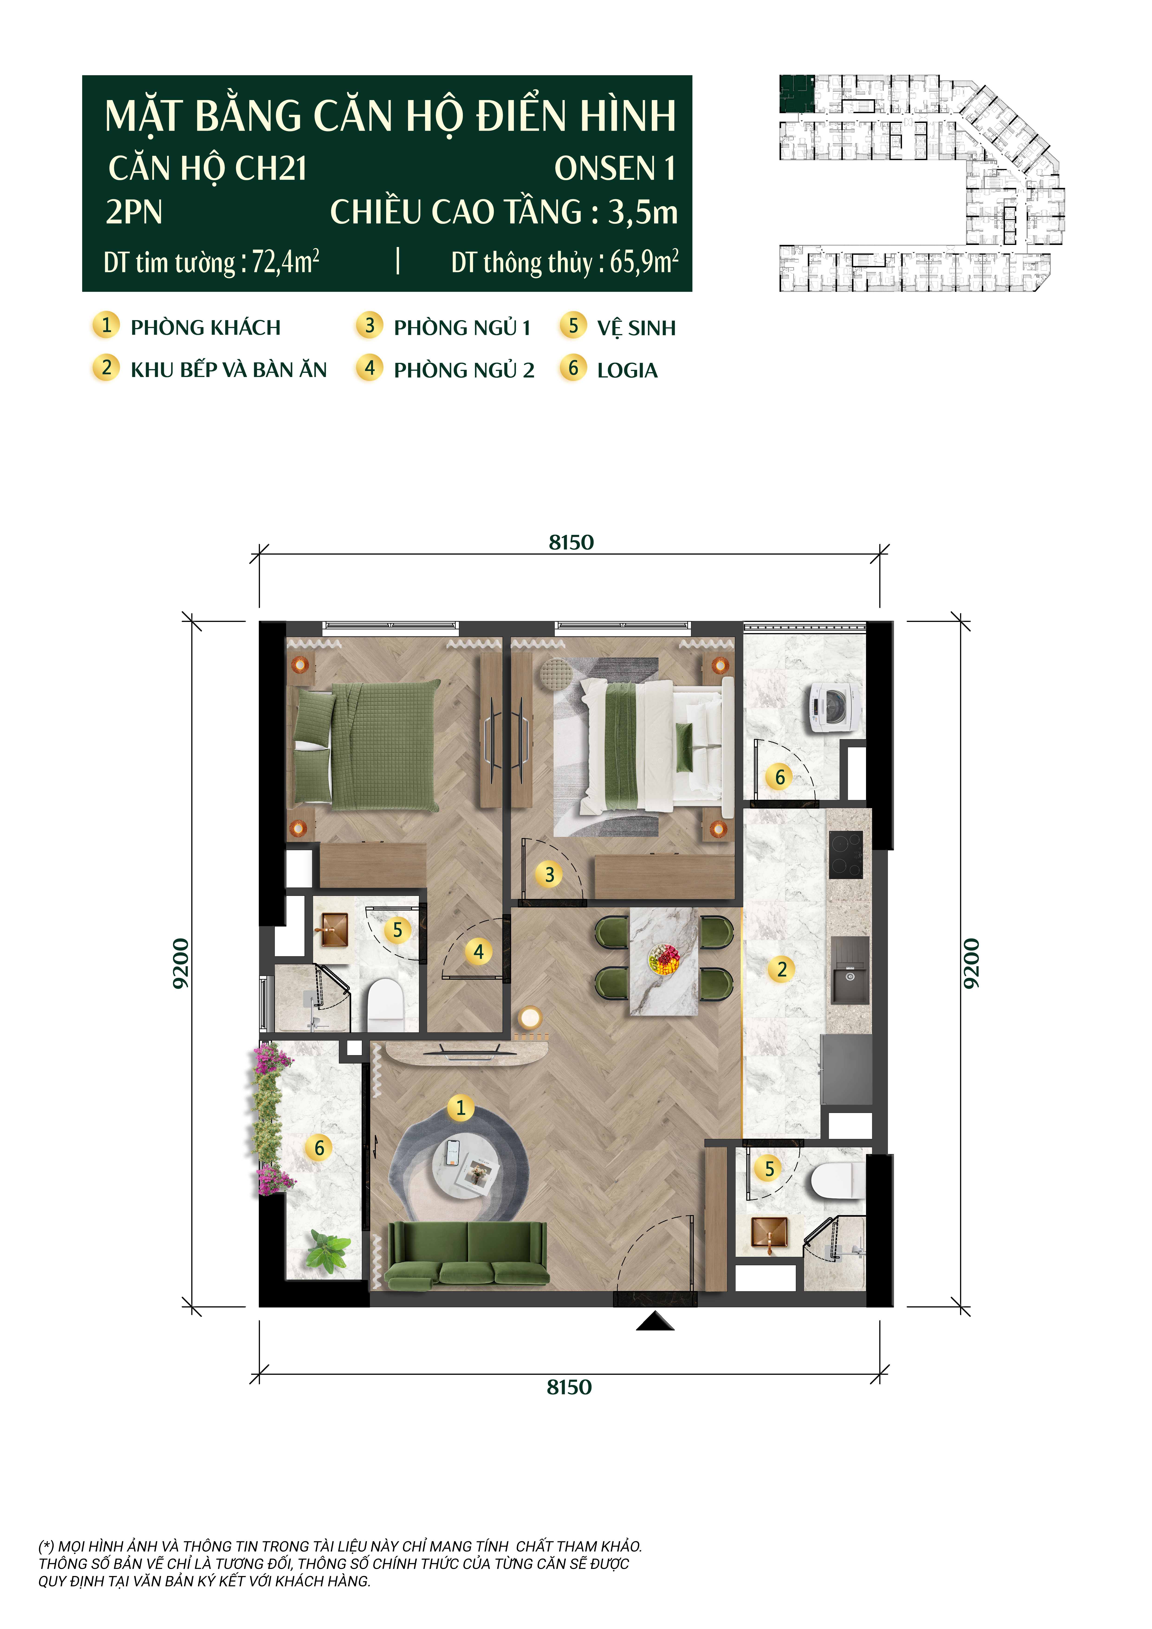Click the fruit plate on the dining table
coord(664,959)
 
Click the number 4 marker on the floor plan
coord(479,951)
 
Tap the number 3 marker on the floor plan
coord(549,874)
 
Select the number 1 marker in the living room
coord(460,1107)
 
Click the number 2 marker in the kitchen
coord(782,969)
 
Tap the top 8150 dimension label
coord(571,543)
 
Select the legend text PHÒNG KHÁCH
coord(206,328)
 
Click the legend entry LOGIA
coord(627,370)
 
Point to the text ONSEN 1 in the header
coord(614,169)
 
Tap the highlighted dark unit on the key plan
coord(797,94)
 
